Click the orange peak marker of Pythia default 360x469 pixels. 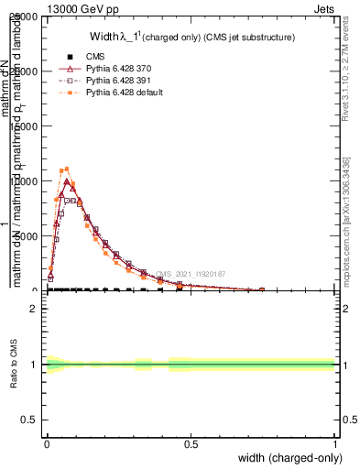click(66, 169)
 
